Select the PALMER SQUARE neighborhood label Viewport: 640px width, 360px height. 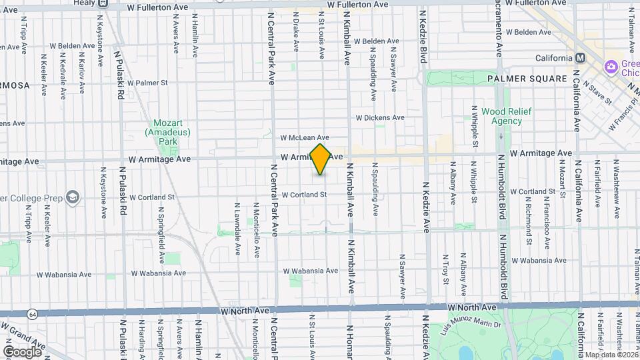[x=526, y=79]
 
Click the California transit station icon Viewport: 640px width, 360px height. [x=581, y=57]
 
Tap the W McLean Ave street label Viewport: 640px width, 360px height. [x=305, y=137]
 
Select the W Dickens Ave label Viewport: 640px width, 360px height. [x=379, y=117]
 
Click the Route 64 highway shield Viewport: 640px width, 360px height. [x=33, y=313]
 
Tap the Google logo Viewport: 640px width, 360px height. [x=22, y=351]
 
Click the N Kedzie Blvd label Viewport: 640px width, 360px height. [x=423, y=37]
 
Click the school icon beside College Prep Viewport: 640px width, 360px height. [x=72, y=197]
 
